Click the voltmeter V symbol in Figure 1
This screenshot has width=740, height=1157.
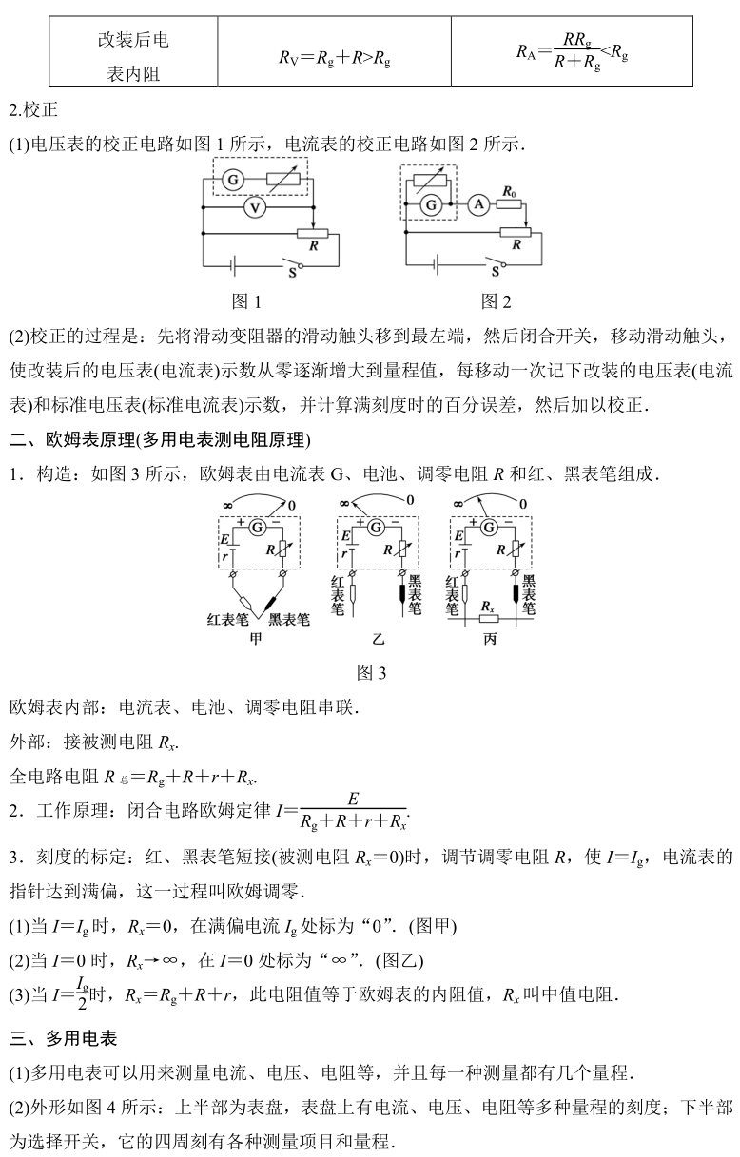click(254, 205)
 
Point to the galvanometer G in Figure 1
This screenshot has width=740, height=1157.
click(230, 179)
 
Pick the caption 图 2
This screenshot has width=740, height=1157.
click(496, 301)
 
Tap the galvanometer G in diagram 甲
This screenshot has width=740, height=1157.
click(256, 526)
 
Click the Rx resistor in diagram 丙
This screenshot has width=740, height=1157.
click(488, 607)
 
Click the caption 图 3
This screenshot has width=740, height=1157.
click(371, 673)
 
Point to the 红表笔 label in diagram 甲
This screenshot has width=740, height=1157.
click(227, 620)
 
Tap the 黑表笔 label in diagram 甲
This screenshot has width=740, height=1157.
click(289, 620)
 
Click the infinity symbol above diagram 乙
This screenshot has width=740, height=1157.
click(341, 501)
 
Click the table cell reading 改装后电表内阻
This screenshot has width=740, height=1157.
click(134, 55)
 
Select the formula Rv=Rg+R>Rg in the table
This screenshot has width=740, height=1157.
click(335, 57)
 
